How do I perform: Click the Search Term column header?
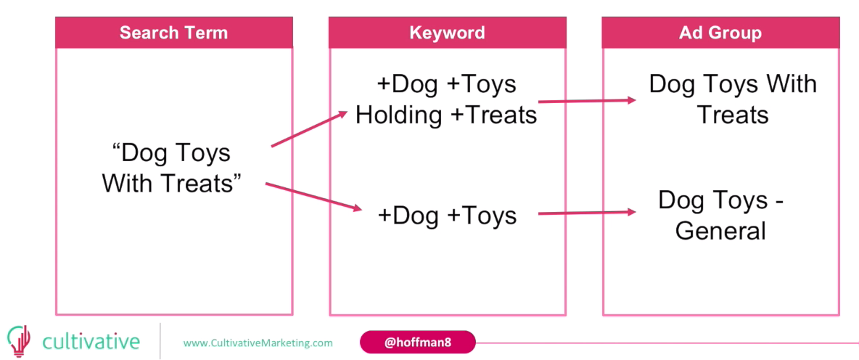(x=174, y=33)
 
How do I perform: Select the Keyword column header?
(x=447, y=33)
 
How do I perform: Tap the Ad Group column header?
(x=720, y=33)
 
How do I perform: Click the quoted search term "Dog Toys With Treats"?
(x=171, y=168)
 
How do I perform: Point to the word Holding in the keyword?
(x=399, y=115)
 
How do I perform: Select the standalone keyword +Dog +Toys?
(x=447, y=216)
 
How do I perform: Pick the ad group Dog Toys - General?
(x=720, y=215)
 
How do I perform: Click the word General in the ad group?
(x=720, y=231)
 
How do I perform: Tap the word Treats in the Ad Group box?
(x=733, y=115)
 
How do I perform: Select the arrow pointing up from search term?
(x=310, y=129)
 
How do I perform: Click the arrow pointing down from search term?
(x=314, y=197)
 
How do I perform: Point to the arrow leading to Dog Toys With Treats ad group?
(x=587, y=101)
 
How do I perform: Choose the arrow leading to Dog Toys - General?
(x=587, y=213)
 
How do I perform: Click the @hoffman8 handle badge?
(x=417, y=343)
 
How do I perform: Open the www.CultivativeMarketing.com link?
(x=258, y=343)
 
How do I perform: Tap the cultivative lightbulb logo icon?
(x=19, y=341)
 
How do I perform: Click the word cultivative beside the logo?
(x=91, y=341)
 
